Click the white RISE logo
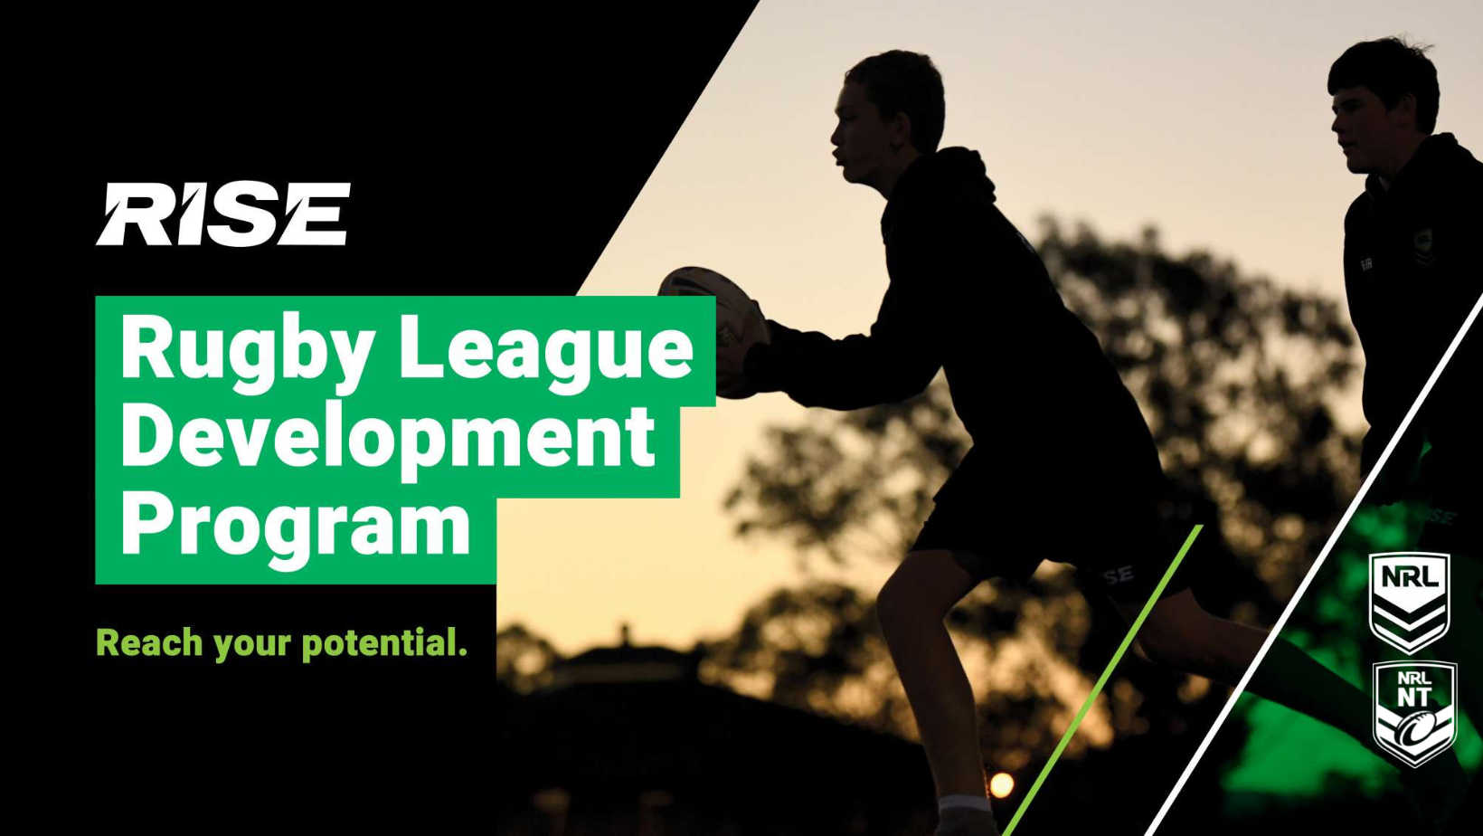point(222,214)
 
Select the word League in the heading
point(546,349)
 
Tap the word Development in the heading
point(387,438)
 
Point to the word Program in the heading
point(295,525)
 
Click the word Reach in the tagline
point(149,643)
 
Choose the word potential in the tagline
point(384,643)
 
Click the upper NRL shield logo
point(1409,601)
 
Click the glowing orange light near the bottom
point(1001,784)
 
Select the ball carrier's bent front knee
point(900,593)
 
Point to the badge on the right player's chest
point(1423,243)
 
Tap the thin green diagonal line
point(1103,679)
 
